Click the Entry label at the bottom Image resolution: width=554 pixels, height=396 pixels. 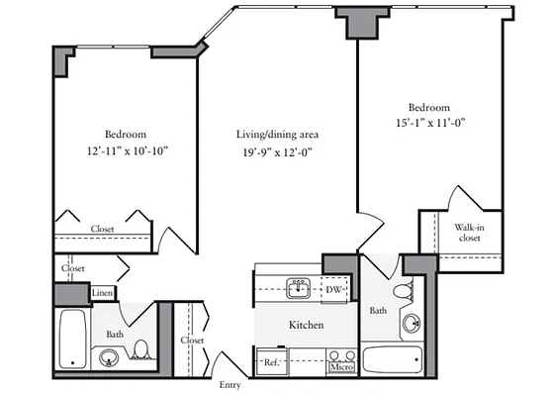[230, 385]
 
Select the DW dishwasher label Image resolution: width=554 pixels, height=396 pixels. [334, 289]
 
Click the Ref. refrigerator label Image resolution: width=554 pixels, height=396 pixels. [271, 363]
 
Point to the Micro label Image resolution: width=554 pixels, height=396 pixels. [341, 367]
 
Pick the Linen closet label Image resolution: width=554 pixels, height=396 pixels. [102, 293]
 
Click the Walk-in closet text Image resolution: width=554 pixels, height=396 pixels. [469, 233]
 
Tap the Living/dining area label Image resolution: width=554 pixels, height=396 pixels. [276, 134]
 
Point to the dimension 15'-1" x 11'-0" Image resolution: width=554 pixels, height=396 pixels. [428, 124]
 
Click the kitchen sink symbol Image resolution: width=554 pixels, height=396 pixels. [298, 288]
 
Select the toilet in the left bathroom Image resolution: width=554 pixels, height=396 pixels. [142, 349]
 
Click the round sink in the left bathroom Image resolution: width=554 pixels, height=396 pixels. [109, 358]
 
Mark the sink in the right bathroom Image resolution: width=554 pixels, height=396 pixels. [411, 324]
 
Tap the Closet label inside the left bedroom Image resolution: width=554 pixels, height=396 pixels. [102, 230]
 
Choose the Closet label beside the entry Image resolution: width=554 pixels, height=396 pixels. [192, 341]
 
